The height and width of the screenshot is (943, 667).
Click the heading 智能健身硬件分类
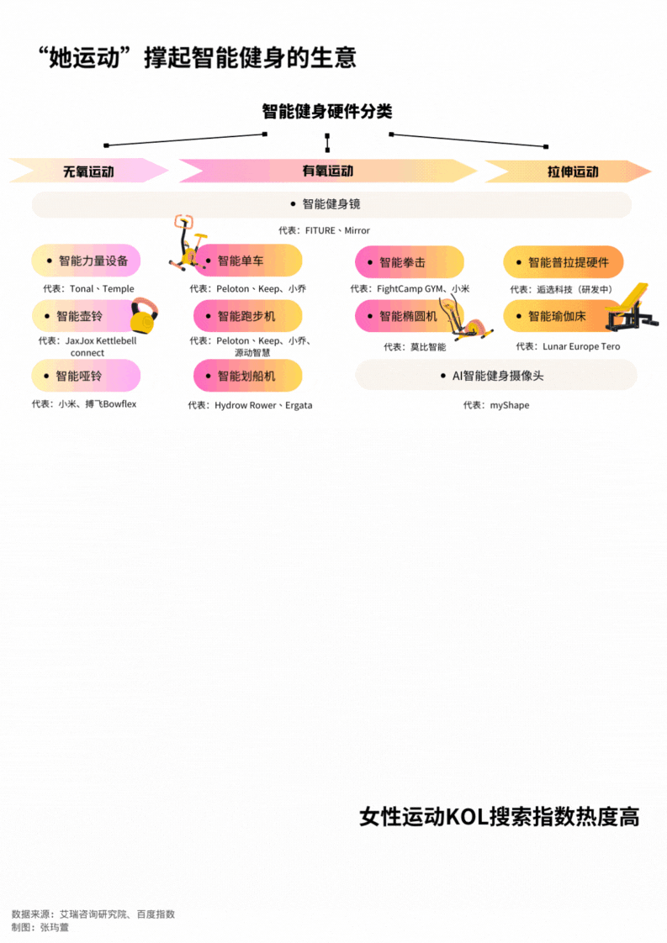(x=326, y=112)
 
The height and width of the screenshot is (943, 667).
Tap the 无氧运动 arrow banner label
(x=88, y=171)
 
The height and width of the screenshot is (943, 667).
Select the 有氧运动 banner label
(x=328, y=171)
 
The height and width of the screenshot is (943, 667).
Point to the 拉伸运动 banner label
(x=573, y=171)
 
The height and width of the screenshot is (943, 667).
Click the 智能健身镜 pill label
(x=331, y=204)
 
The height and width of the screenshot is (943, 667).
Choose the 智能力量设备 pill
(x=86, y=261)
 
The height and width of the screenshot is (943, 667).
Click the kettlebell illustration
(x=145, y=317)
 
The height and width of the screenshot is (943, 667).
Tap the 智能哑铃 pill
(x=86, y=376)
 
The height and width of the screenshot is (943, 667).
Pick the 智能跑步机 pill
(x=247, y=316)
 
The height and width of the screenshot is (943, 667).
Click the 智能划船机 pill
(x=247, y=376)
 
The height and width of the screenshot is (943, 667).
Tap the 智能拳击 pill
(x=409, y=262)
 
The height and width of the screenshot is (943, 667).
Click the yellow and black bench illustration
(x=633, y=309)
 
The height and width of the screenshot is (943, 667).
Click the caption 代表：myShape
(x=496, y=405)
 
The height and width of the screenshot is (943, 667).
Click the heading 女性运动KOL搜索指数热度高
(x=499, y=816)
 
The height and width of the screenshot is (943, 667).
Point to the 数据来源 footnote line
(x=93, y=914)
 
